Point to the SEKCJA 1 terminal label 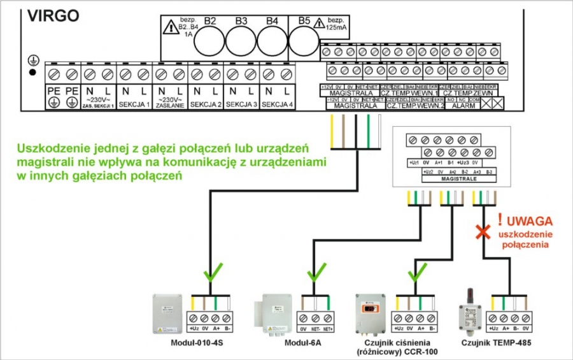pos(134,104)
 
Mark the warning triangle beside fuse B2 pos(169,27)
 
